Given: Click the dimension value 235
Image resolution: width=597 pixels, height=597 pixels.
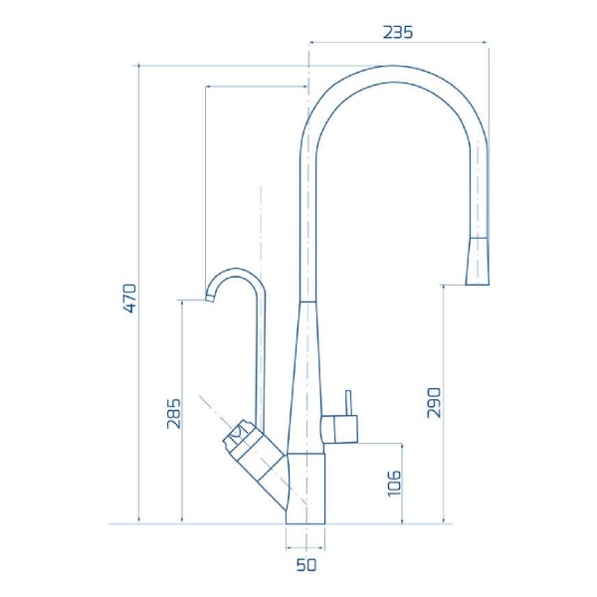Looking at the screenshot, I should [x=398, y=31].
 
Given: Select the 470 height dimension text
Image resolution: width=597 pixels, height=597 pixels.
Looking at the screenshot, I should [x=129, y=298].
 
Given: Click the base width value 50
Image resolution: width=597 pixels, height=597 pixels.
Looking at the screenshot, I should [x=305, y=566].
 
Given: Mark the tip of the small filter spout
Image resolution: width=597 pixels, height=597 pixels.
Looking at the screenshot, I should [x=210, y=297].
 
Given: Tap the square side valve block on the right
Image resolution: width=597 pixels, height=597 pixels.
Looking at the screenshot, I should [x=343, y=428].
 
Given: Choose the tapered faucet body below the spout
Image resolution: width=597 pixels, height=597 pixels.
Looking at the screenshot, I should [x=307, y=378].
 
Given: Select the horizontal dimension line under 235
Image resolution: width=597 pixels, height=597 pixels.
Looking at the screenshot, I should [x=398, y=43].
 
